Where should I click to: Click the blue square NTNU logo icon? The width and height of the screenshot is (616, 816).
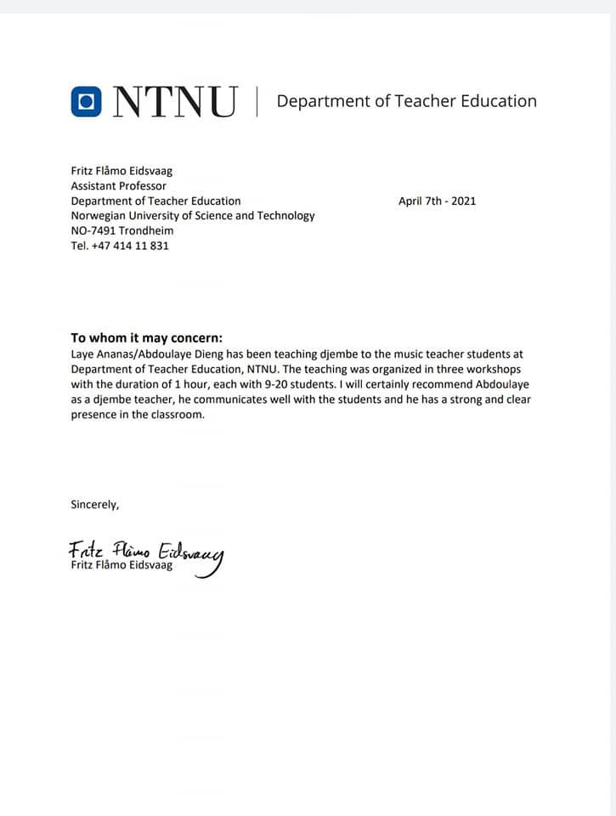86,101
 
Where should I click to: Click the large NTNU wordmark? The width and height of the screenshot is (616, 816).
176,102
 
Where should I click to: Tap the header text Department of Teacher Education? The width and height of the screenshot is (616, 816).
406,101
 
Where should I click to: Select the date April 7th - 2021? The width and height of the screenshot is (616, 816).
437,201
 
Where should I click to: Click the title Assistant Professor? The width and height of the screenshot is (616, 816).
118,186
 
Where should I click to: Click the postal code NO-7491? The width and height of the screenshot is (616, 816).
93,231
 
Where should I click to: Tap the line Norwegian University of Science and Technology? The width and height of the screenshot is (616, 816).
192,216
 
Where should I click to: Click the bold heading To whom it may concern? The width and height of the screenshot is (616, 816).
146,337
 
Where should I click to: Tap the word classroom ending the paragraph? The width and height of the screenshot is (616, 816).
177,416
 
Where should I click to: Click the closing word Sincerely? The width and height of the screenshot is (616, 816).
95,504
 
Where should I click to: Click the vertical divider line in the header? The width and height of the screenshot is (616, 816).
257,101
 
